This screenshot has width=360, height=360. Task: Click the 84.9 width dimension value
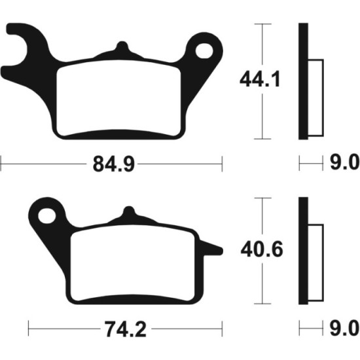113,164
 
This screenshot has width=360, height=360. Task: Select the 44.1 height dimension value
260,79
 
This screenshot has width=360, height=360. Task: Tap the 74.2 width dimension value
126,329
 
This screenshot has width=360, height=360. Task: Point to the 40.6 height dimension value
262,249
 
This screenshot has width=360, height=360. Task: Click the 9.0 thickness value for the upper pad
344,162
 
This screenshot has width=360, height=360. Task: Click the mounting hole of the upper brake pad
204,50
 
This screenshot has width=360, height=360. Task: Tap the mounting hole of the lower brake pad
47,216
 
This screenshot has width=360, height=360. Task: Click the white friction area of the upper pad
118,98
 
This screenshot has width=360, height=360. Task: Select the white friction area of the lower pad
133,263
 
